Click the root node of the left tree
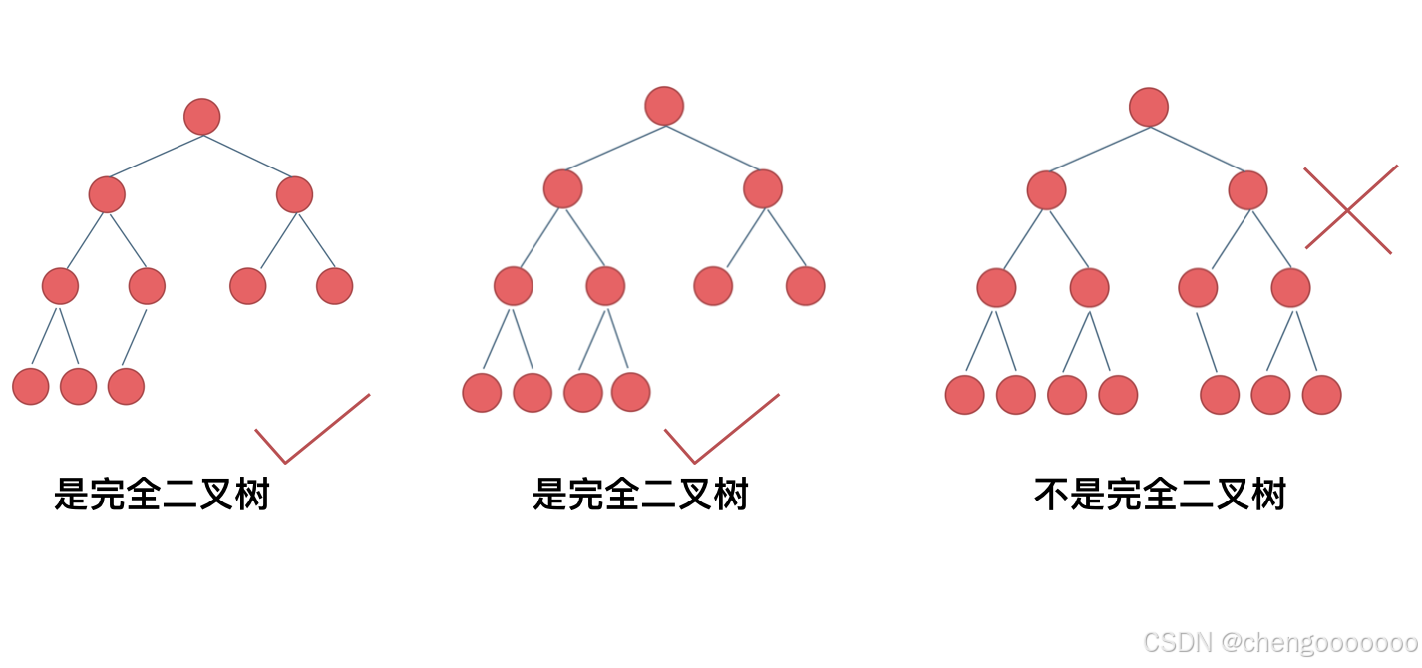coord(202,117)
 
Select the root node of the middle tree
coord(664,106)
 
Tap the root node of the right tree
coord(1149,107)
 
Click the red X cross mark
coord(1349,209)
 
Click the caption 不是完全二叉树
coord(1160,495)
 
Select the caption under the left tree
coord(162,495)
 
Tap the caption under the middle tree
coord(640,495)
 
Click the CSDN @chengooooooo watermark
coord(1280,642)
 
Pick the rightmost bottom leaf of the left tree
coord(126,386)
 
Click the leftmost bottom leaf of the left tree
coord(30,386)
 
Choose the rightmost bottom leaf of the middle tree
coord(630,392)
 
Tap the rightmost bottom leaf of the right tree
coord(1322,394)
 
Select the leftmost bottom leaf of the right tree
coord(964,394)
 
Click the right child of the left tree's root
coord(294,194)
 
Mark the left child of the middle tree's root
coord(562,188)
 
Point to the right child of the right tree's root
coord(1247,189)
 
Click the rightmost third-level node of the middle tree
coord(805,286)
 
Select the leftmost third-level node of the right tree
coord(996,288)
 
